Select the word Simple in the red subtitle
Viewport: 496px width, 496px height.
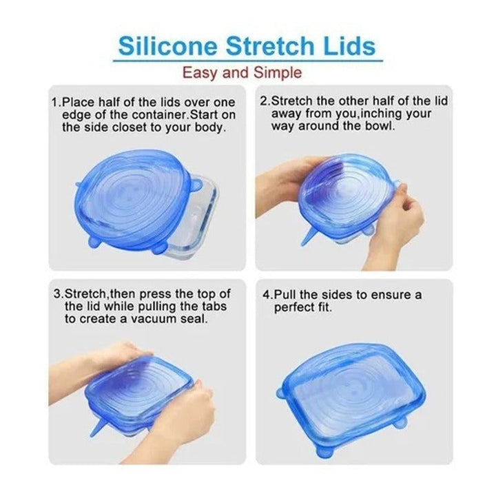point(277,72)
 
